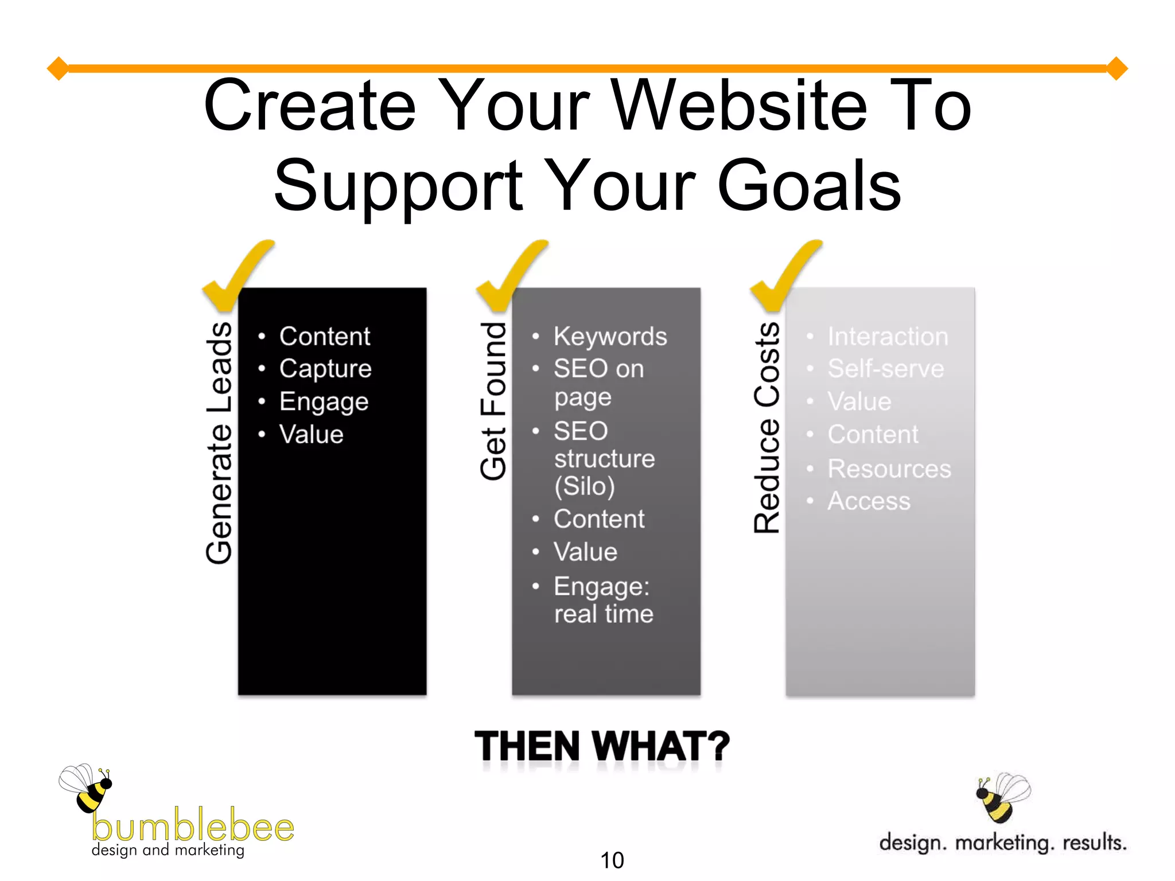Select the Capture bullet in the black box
(325, 368)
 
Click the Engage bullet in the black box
(324, 401)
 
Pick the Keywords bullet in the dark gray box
(610, 337)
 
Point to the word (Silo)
(584, 486)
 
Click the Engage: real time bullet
(602, 600)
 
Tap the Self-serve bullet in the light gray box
(885, 368)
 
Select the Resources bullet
(889, 469)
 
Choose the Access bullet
(869, 501)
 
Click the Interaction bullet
(888, 337)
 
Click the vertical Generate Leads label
(219, 443)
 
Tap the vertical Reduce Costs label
(767, 428)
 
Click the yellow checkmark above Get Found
(509, 274)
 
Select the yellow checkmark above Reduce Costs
(784, 274)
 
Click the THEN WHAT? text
(602, 746)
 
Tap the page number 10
(612, 860)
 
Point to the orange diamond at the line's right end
(1116, 68)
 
